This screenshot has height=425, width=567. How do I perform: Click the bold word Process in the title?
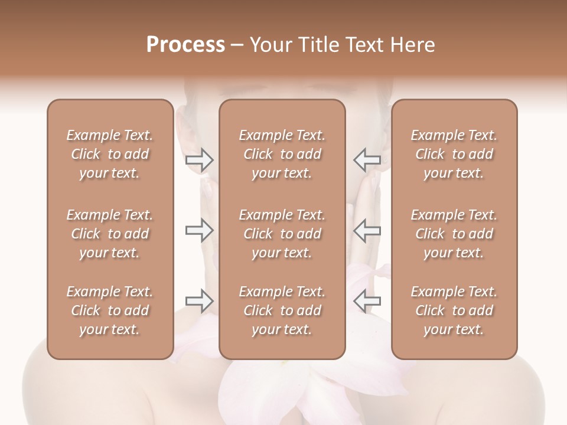[185, 45]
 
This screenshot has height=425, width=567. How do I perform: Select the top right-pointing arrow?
[200, 159]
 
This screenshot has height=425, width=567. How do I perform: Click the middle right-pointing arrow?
[200, 231]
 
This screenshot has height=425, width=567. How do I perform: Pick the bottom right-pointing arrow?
[200, 301]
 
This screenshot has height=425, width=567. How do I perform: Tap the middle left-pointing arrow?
[367, 231]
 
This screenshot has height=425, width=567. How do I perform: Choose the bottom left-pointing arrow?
[367, 301]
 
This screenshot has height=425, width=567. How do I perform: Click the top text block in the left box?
[110, 154]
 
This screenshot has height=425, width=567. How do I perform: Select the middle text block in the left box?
[110, 234]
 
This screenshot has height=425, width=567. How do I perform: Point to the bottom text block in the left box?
[110, 310]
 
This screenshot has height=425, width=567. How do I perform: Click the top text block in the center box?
[282, 154]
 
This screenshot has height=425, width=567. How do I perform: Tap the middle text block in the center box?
[282, 234]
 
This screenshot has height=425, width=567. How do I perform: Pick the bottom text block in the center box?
[282, 310]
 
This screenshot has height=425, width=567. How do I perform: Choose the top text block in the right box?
[454, 154]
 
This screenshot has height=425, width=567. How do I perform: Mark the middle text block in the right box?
[454, 234]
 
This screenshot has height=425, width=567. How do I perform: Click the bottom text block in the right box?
[454, 310]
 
